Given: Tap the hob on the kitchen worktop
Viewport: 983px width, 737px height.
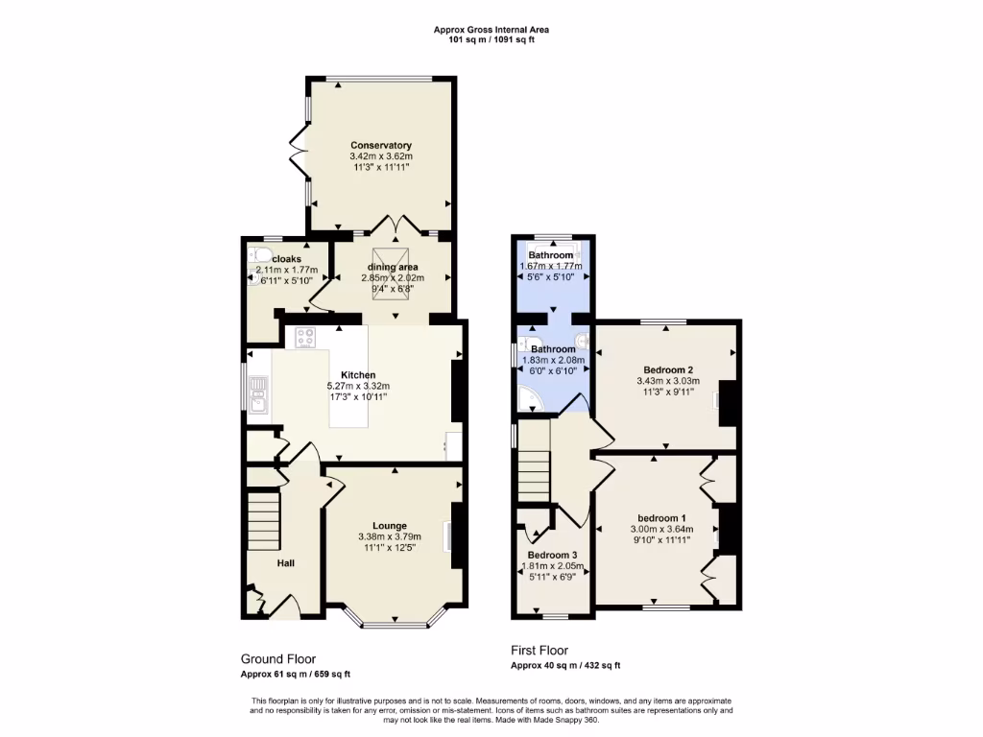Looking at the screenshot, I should click(307, 337).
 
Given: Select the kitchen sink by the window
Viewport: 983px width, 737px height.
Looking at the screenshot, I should click(257, 393).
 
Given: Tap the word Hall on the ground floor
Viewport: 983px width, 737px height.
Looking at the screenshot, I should click(286, 562).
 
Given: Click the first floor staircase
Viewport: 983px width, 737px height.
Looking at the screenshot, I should click(534, 473).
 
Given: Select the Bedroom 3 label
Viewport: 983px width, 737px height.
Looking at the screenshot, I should click(552, 556).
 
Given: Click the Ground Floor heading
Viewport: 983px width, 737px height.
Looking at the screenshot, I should click(277, 659).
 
